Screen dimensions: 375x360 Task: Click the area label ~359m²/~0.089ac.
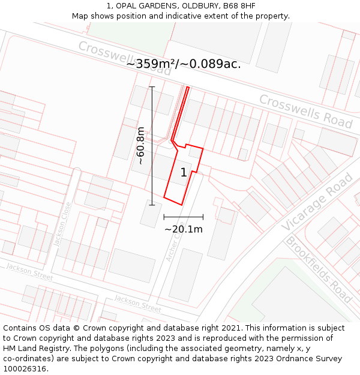[184, 64]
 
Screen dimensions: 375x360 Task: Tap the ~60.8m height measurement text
[140, 146]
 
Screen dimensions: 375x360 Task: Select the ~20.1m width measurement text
[184, 229]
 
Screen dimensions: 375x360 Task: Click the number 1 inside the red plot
[184, 173]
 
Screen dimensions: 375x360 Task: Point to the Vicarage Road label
[316, 202]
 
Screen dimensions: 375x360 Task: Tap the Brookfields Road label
[317, 269]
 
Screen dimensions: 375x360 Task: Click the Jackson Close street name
[62, 224]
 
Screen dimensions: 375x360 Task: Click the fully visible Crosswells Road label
[305, 111]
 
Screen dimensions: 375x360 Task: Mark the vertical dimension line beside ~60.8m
[152, 146]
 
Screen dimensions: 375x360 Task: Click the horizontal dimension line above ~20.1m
[183, 217]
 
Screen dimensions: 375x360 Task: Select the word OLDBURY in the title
[196, 5]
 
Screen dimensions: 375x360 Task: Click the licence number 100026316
[25, 369]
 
